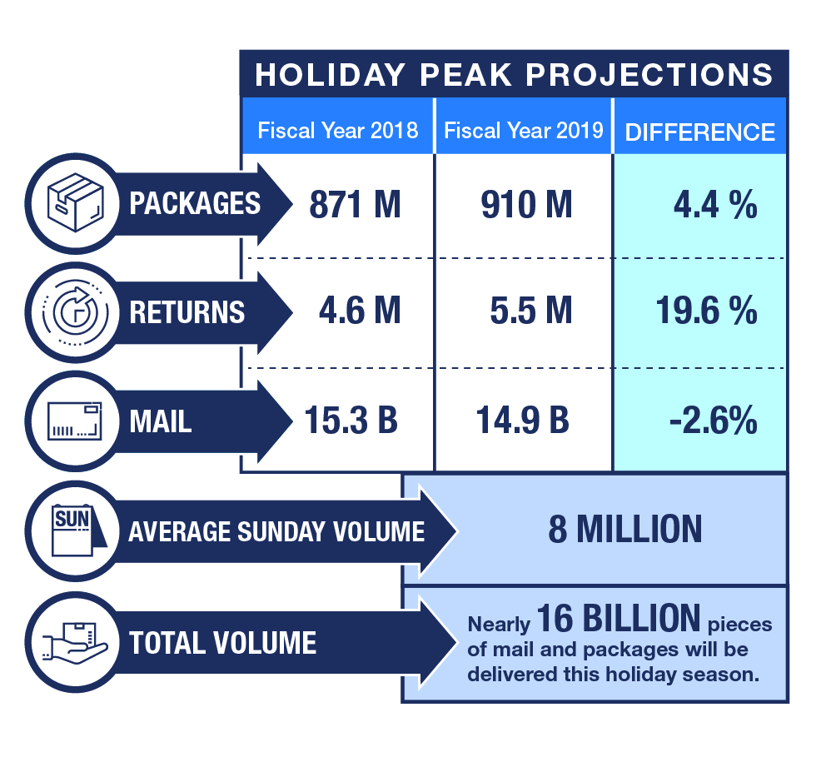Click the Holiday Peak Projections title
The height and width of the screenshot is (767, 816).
(514, 75)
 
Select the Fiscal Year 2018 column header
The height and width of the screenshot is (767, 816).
(337, 131)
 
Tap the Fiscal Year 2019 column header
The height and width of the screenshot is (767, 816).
(523, 131)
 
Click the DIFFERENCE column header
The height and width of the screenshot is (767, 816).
(699, 132)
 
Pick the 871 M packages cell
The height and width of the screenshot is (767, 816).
(355, 205)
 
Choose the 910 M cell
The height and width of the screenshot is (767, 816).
(526, 205)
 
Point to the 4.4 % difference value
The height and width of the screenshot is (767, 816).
(715, 205)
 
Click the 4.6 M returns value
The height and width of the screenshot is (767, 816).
(360, 311)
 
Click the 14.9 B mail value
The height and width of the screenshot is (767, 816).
(523, 421)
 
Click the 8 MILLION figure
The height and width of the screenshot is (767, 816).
(624, 530)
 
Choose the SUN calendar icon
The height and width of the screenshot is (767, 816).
(75, 530)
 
